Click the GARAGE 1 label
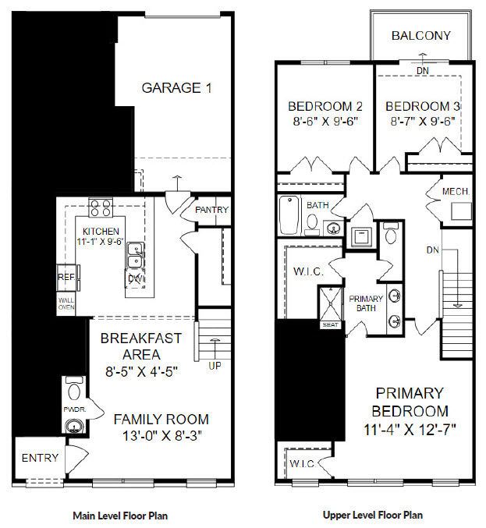(x=177, y=88)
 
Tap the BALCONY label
(x=421, y=35)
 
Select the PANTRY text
(x=212, y=210)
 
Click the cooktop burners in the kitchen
(x=101, y=207)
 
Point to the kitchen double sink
(x=136, y=255)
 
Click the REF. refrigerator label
(x=66, y=277)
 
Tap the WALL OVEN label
(x=66, y=303)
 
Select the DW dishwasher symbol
(x=136, y=278)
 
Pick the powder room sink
(x=74, y=427)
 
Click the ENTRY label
(x=40, y=458)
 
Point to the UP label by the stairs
(x=215, y=366)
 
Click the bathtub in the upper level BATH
(x=289, y=214)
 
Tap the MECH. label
(x=456, y=192)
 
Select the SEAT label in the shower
(x=331, y=325)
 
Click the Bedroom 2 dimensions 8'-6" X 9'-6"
(x=325, y=121)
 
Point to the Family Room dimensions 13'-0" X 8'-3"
(x=161, y=436)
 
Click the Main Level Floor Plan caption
(x=120, y=516)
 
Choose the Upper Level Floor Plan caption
(x=373, y=515)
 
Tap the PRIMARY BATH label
(x=366, y=303)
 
